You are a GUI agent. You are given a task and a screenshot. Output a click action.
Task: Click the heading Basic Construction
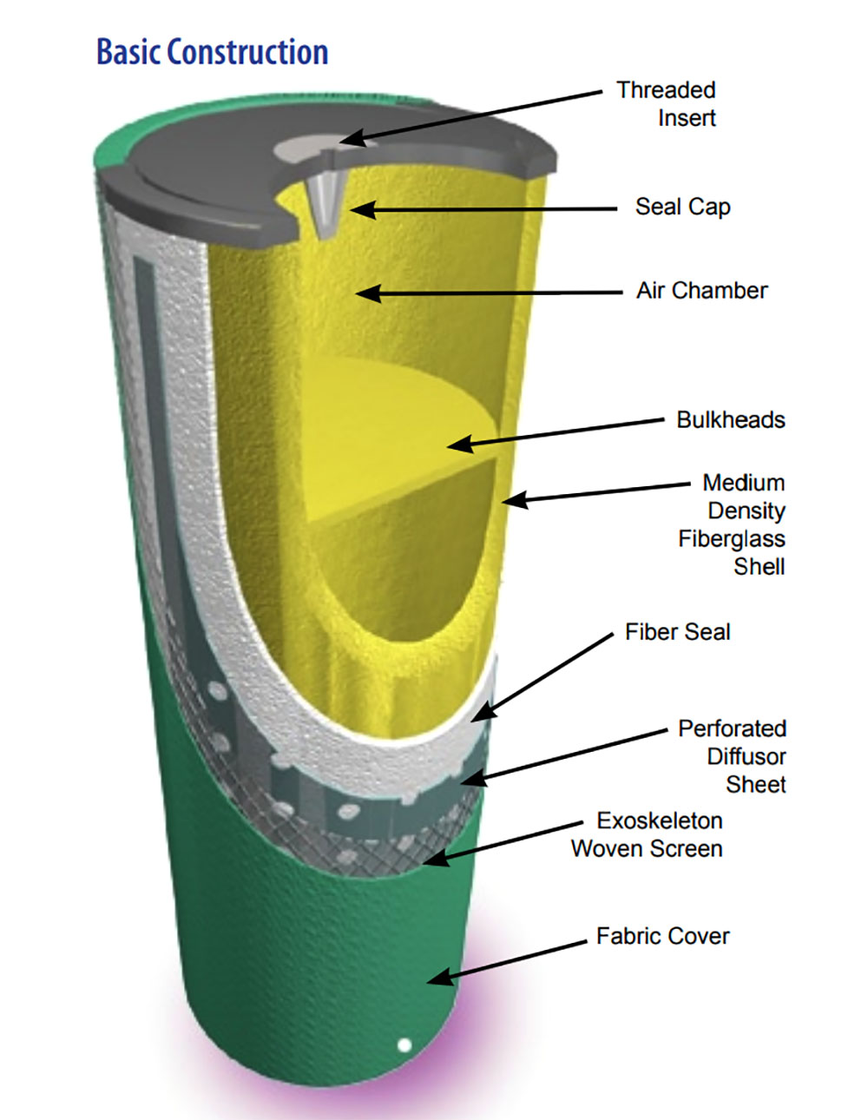click(x=212, y=52)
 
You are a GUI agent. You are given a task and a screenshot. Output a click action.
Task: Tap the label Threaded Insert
click(x=666, y=103)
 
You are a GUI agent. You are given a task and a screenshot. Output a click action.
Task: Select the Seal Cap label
click(x=682, y=207)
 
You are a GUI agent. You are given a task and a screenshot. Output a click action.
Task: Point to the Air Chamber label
click(x=701, y=290)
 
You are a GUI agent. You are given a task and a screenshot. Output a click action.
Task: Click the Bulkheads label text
click(x=730, y=419)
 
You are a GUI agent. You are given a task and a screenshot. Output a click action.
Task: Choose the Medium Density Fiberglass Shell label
click(x=738, y=524)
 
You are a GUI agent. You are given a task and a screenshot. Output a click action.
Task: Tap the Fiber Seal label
click(x=677, y=631)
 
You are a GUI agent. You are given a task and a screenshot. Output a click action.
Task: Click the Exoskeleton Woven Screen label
click(x=648, y=834)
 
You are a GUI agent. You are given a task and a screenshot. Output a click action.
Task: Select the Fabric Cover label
click(x=662, y=936)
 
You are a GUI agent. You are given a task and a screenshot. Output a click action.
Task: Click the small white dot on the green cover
click(x=404, y=1044)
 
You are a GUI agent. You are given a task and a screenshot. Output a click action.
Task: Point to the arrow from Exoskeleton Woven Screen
click(x=503, y=840)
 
